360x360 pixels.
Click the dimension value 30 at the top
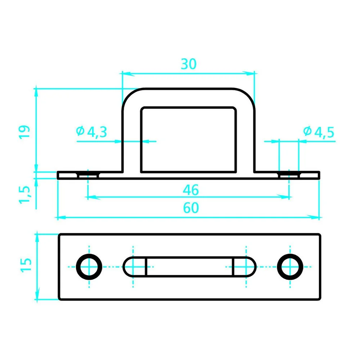[x=189, y=64]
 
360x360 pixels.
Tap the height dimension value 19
[x=24, y=131]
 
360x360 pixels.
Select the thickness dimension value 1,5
[x=24, y=195]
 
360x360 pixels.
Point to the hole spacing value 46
[x=191, y=190]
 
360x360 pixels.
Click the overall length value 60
[x=191, y=208]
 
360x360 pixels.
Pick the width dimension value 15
[x=26, y=265]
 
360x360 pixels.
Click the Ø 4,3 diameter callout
[x=91, y=132]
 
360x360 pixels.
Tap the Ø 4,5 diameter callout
[x=319, y=132]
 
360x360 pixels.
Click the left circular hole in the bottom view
[x=89, y=267]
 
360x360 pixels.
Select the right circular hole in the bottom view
[x=290, y=267]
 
